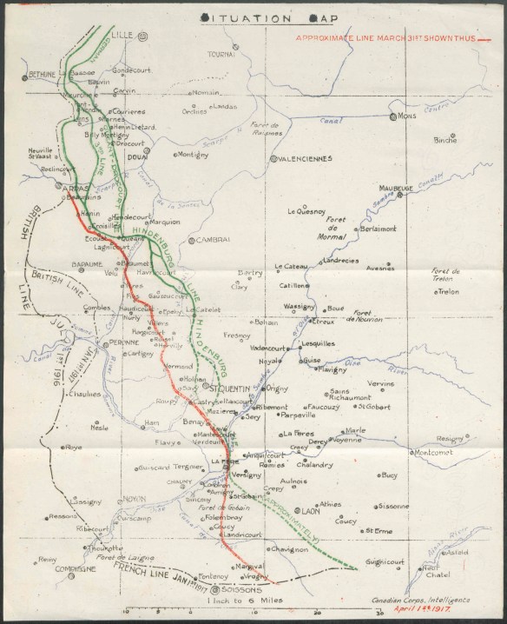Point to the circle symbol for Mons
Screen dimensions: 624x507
click(x=394, y=116)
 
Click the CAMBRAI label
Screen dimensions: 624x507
click(x=214, y=240)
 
